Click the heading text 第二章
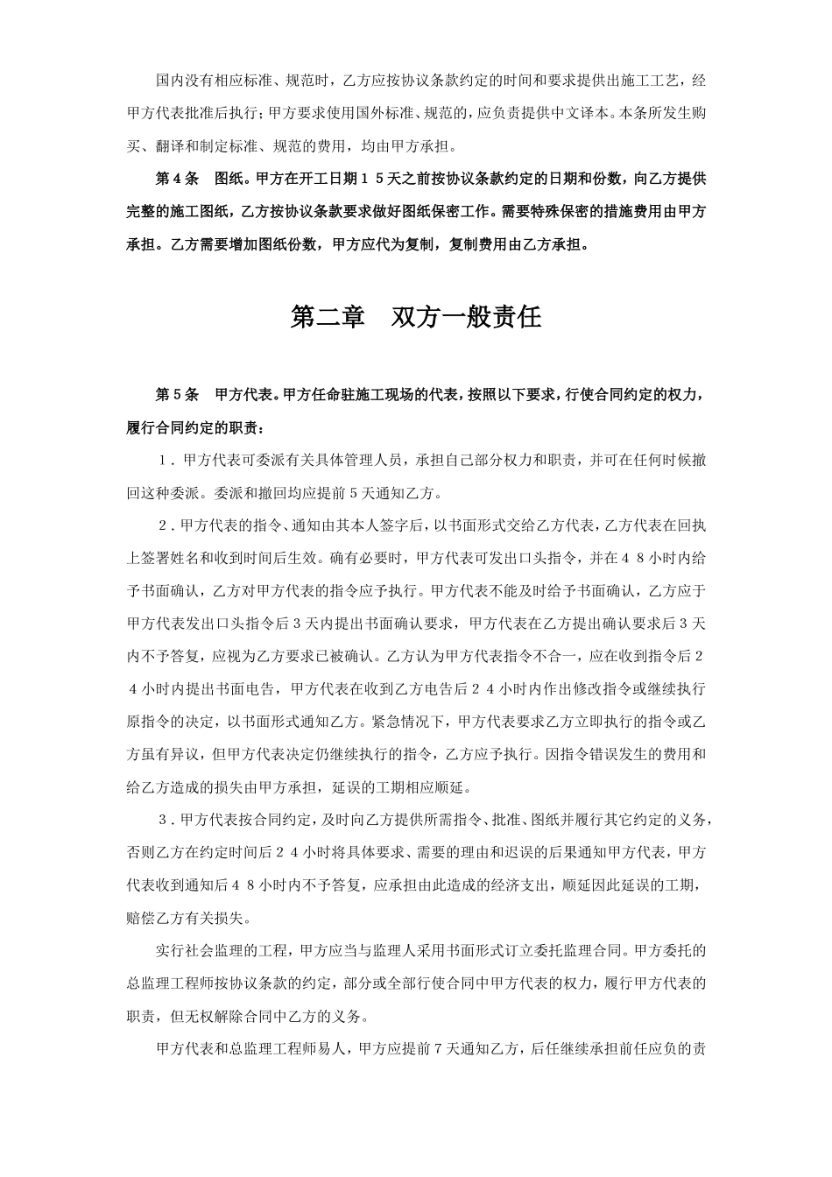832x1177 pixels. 327,317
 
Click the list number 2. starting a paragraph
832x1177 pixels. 164,525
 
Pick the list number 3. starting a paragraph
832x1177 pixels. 164,820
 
